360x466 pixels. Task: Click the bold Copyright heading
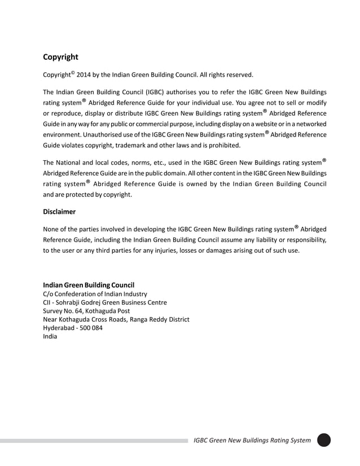(x=60, y=57)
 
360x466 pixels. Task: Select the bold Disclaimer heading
(x=59, y=212)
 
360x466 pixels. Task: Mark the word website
(x=267, y=124)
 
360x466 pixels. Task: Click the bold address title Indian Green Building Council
(x=89, y=285)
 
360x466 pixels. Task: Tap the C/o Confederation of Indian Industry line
(x=95, y=294)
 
